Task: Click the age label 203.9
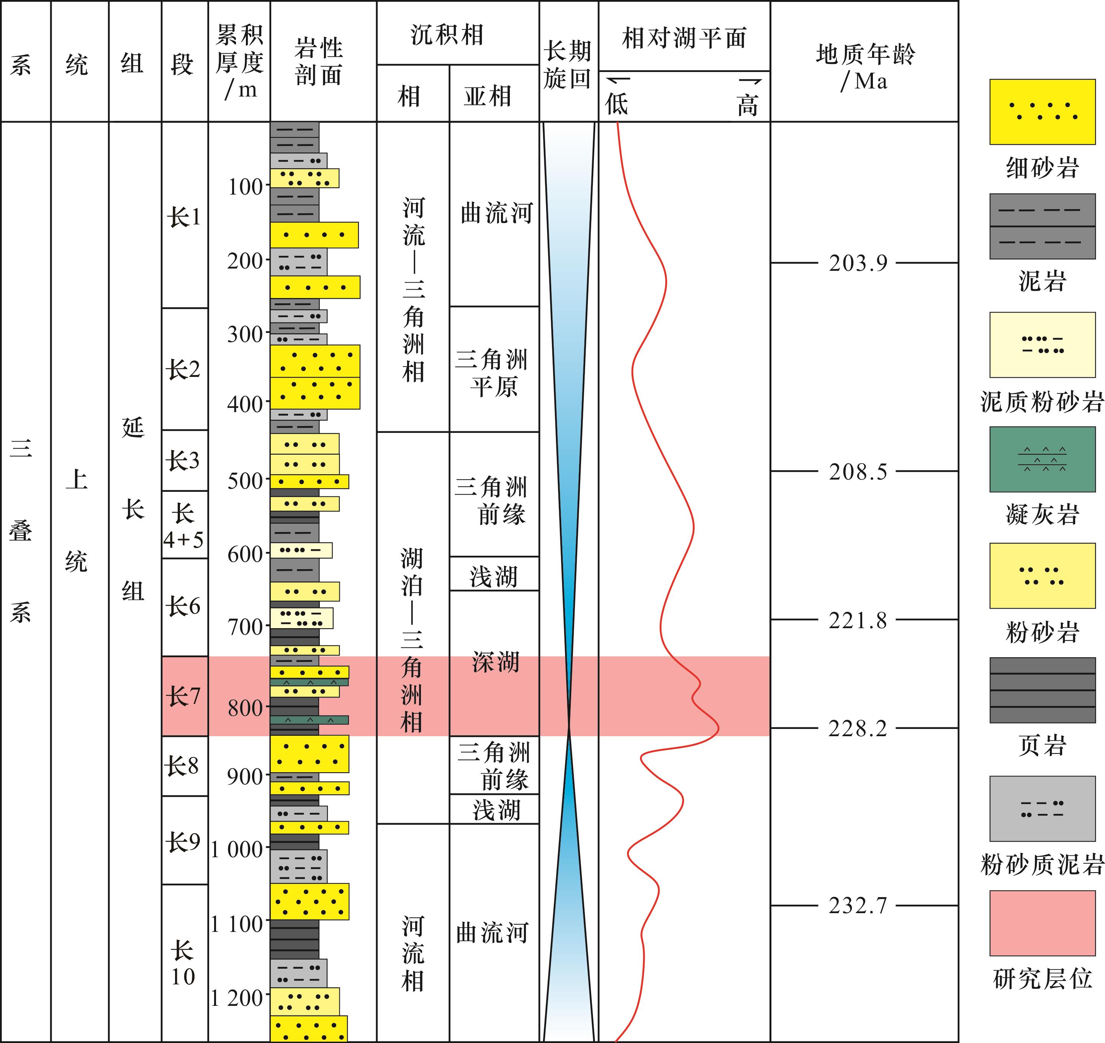tap(858, 263)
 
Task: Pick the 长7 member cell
tap(185, 696)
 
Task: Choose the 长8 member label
tap(182, 766)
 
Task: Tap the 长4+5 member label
tap(183, 526)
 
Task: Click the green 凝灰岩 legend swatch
tap(1043, 459)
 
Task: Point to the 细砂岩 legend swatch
tap(1043, 112)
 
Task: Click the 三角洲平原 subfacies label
tap(493, 372)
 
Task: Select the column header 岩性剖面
tap(319, 62)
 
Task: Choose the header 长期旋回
tap(568, 64)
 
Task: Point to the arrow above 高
tap(750, 82)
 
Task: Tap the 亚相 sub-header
tap(488, 96)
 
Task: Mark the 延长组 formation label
tap(133, 509)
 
